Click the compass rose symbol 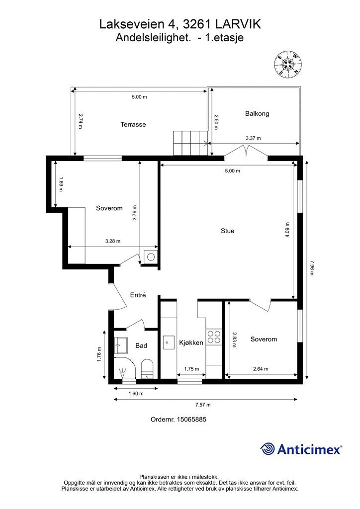(288, 64)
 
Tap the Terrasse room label (133, 124)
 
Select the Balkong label (257, 114)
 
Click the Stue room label (228, 231)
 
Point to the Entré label (138, 295)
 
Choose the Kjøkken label (191, 342)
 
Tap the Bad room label (141, 346)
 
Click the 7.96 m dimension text (312, 267)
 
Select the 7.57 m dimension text (203, 405)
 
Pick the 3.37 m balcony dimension (253, 138)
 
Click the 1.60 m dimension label (136, 394)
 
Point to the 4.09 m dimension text (287, 230)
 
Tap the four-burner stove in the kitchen (214, 337)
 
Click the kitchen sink (169, 342)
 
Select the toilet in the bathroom (147, 369)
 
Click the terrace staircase (190, 143)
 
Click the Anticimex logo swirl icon (268, 449)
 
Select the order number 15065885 (191, 420)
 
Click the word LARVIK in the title (238, 24)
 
